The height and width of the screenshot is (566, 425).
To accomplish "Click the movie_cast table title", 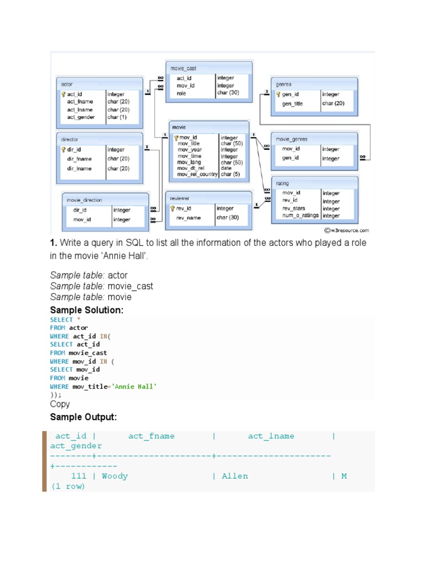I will (x=183, y=68).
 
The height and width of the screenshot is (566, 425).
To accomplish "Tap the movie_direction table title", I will (x=84, y=200).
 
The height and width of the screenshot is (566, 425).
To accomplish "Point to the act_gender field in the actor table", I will (x=81, y=117).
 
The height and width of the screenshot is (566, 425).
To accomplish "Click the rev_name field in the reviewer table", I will (x=189, y=218).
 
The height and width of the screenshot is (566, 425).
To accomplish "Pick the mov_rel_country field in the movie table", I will (x=198, y=175).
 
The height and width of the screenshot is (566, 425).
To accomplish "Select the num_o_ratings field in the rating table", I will (x=300, y=216).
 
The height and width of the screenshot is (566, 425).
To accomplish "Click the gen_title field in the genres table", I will (x=292, y=103).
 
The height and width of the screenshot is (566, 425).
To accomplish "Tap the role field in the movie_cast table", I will (x=182, y=93).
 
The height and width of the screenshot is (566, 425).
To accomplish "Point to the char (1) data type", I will (x=117, y=117).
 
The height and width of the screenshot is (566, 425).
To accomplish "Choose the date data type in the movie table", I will (x=226, y=169).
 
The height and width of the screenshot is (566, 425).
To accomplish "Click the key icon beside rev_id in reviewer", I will (x=172, y=208).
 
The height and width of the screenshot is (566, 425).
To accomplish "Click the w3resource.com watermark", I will (x=347, y=229).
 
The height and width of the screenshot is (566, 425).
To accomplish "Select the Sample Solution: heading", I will (x=86, y=310).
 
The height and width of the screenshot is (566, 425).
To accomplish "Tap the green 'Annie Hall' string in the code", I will (x=134, y=386).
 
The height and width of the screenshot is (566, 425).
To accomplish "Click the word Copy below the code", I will (x=60, y=404).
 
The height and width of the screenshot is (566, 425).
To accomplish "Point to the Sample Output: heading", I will (x=84, y=417).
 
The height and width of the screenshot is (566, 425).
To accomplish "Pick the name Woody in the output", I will (x=115, y=476).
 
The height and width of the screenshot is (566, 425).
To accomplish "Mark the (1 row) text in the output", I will (x=68, y=486).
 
